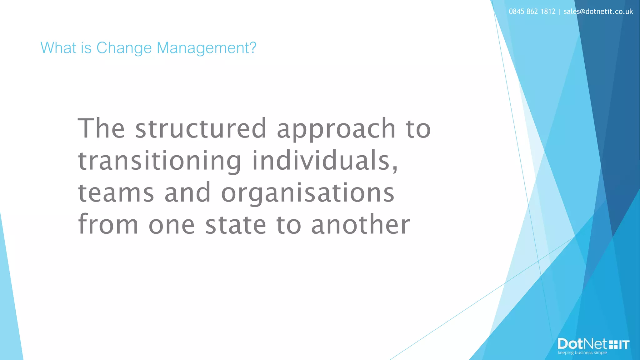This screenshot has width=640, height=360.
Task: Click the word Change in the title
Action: click(124, 48)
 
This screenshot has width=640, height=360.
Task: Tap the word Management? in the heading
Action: click(206, 48)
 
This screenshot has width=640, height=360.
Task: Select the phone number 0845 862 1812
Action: click(532, 12)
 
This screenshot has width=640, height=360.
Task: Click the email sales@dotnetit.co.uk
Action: click(598, 12)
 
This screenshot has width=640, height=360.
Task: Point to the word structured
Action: click(201, 128)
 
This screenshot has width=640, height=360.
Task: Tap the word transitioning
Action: click(160, 161)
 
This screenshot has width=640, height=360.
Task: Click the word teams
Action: click(116, 193)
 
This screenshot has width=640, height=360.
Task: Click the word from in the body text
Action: click(108, 224)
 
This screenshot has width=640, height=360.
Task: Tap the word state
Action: click(236, 225)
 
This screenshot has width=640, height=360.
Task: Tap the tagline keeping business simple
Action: click(582, 353)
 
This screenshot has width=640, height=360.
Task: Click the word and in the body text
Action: click(187, 193)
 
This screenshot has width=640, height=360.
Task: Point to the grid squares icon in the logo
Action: click(613, 345)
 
